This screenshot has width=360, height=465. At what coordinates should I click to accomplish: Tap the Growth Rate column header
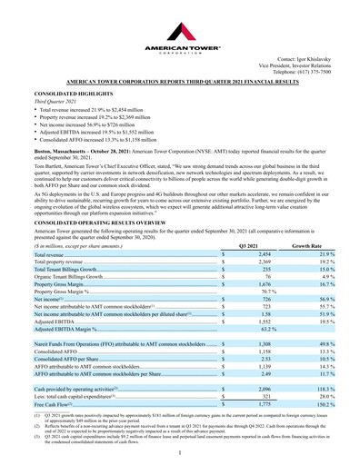308,247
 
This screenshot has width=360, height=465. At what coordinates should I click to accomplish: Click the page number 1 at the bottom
180,450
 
